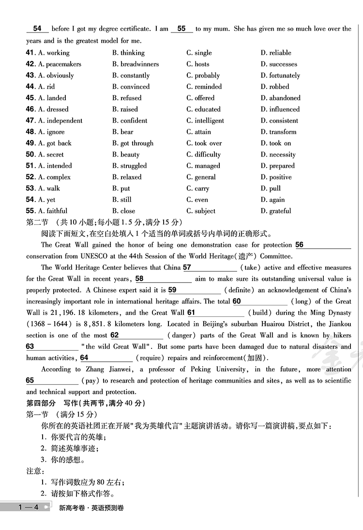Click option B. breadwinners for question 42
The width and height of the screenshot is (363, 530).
tap(136, 64)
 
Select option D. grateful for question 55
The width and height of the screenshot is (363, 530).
tap(276, 211)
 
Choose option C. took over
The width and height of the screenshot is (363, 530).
tap(204, 143)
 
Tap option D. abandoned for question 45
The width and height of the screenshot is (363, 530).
tap(280, 98)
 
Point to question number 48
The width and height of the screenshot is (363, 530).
tap(30, 132)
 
